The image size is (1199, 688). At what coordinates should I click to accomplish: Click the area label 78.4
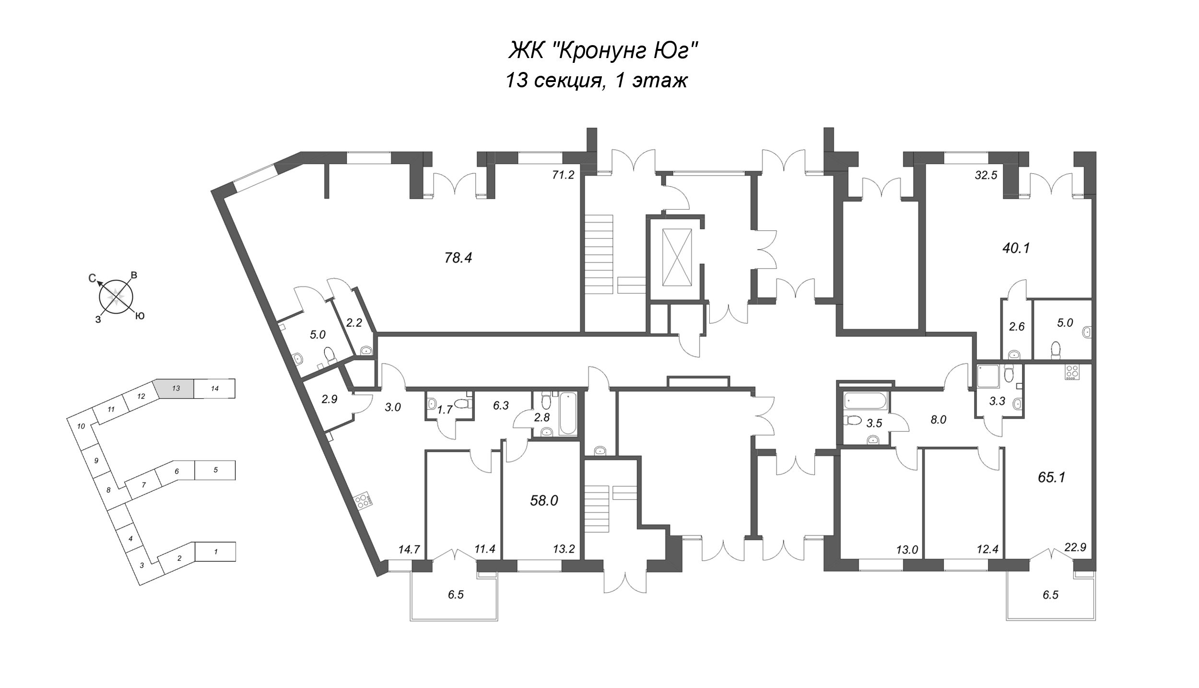tap(458, 258)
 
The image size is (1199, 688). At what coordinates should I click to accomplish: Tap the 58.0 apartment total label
tap(544, 501)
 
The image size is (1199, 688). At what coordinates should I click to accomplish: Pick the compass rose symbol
tap(115, 297)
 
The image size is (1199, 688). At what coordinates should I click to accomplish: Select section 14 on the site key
tap(215, 388)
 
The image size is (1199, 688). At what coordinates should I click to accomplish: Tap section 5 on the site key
tap(215, 470)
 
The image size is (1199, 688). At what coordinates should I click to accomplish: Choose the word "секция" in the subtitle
tap(570, 80)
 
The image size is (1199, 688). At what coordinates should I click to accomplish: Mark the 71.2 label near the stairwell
tap(563, 175)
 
